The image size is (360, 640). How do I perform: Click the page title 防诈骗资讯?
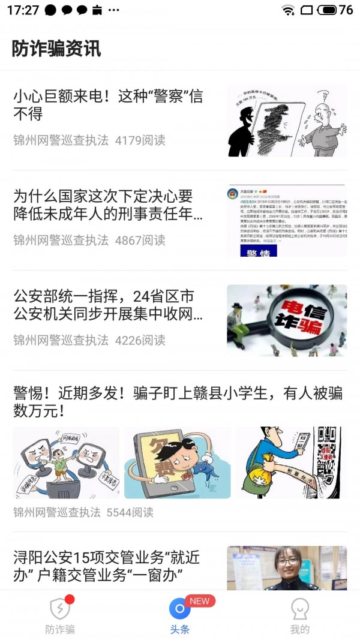(56, 49)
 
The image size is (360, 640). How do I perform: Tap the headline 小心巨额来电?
(108, 104)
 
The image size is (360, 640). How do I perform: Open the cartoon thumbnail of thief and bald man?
(286, 121)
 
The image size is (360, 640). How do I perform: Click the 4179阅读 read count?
(140, 140)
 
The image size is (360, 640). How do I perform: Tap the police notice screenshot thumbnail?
(286, 220)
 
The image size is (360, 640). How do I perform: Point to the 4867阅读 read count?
(140, 240)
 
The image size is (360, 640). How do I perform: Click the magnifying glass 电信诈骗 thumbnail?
(286, 320)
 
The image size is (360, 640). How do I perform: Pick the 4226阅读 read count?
(140, 340)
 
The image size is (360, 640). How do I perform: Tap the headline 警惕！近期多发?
(178, 402)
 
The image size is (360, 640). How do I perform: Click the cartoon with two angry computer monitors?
(66, 462)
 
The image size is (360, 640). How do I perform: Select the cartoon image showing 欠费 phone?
(177, 462)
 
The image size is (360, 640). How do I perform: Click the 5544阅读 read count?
(130, 512)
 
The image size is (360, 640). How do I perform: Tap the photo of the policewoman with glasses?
(286, 567)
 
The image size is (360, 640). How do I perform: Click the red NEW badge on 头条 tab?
(199, 600)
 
